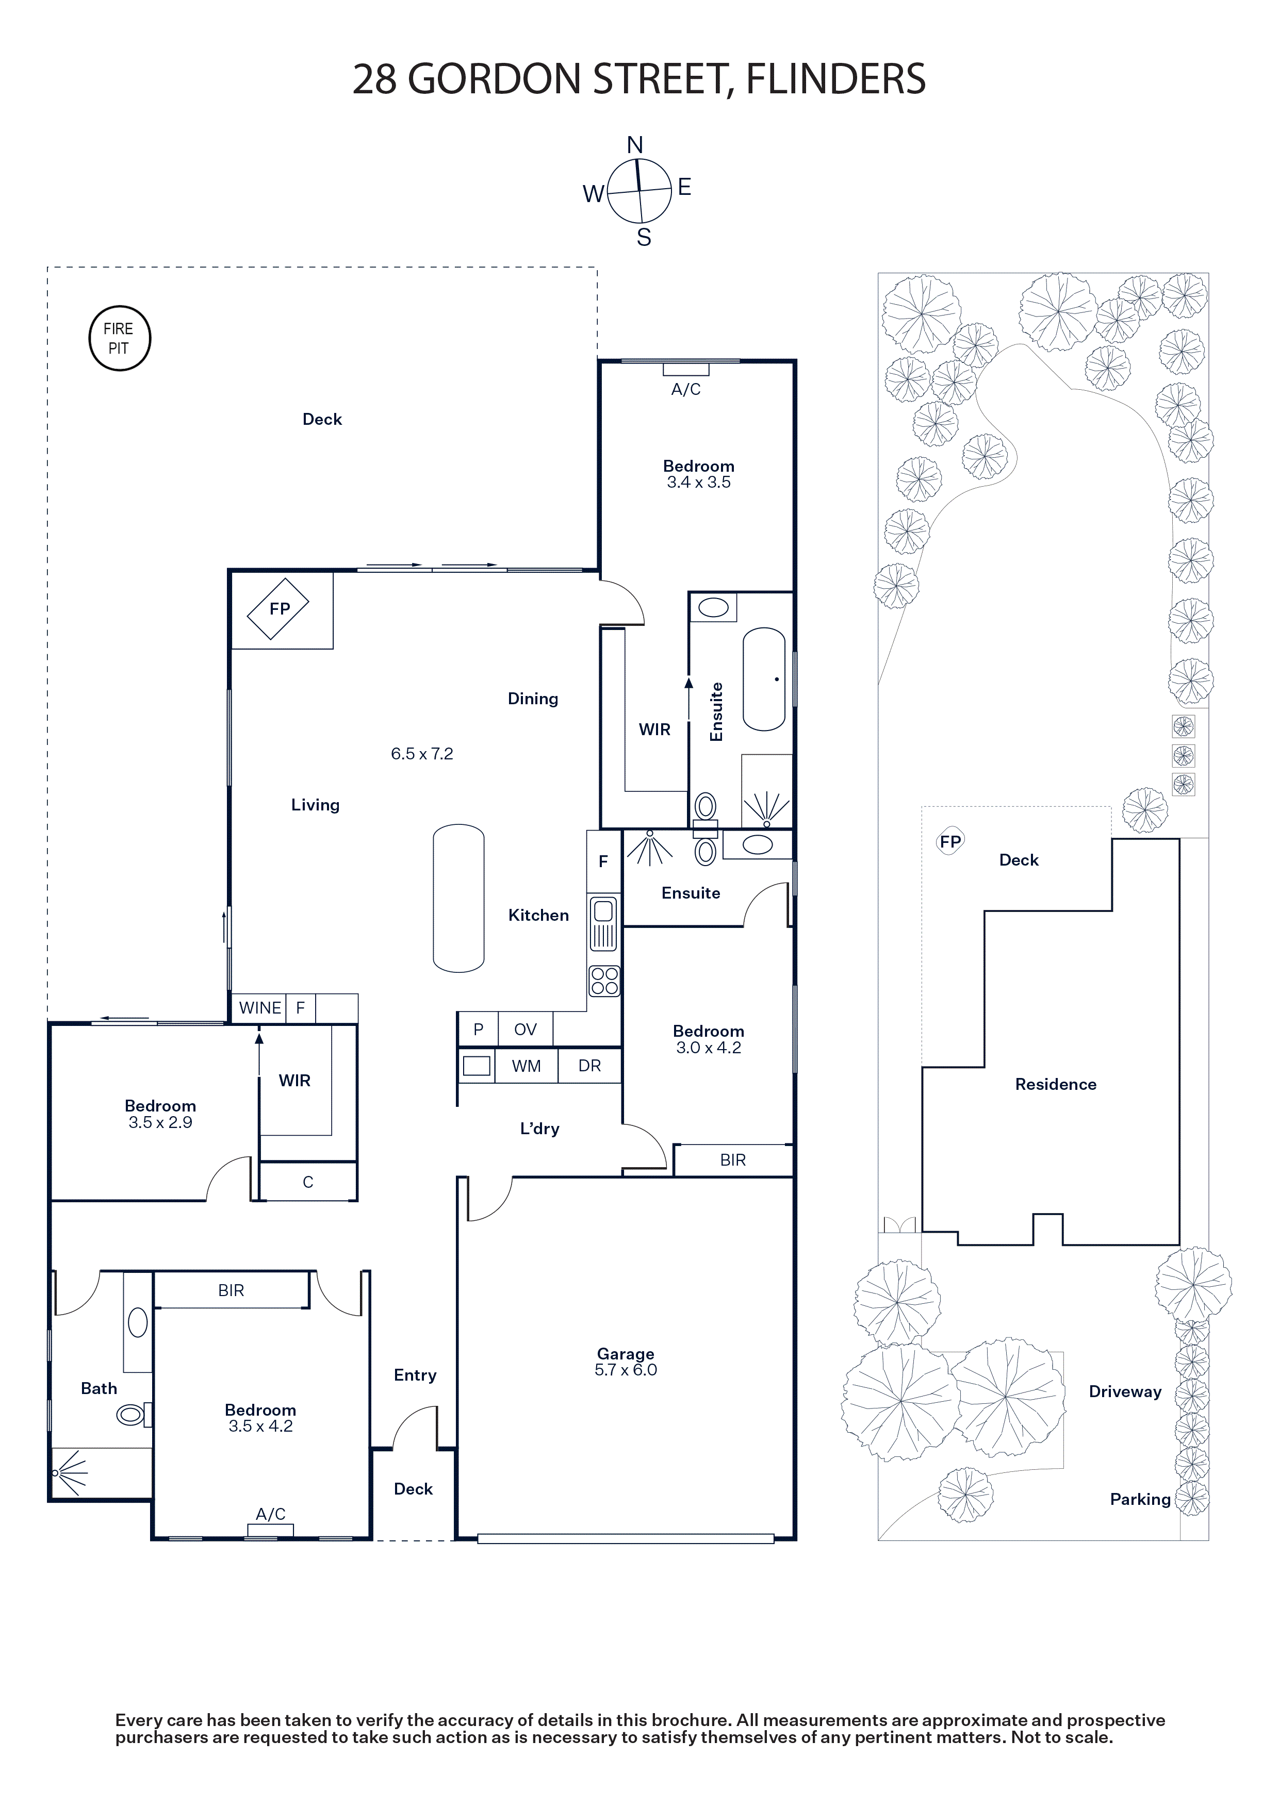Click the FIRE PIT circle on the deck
(x=119, y=339)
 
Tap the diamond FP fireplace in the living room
(x=278, y=609)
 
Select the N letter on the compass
(x=635, y=145)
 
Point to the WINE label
(x=260, y=1008)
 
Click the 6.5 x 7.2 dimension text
(x=422, y=754)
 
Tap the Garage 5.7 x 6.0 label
(x=626, y=1362)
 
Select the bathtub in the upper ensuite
(x=764, y=679)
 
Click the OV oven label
(x=526, y=1029)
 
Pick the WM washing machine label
(x=526, y=1066)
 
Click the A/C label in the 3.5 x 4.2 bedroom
(x=271, y=1514)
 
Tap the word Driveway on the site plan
(x=1125, y=1391)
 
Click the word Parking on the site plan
(x=1140, y=1499)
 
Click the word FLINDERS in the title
(x=835, y=79)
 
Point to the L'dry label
(x=539, y=1129)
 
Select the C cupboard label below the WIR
(x=308, y=1182)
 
